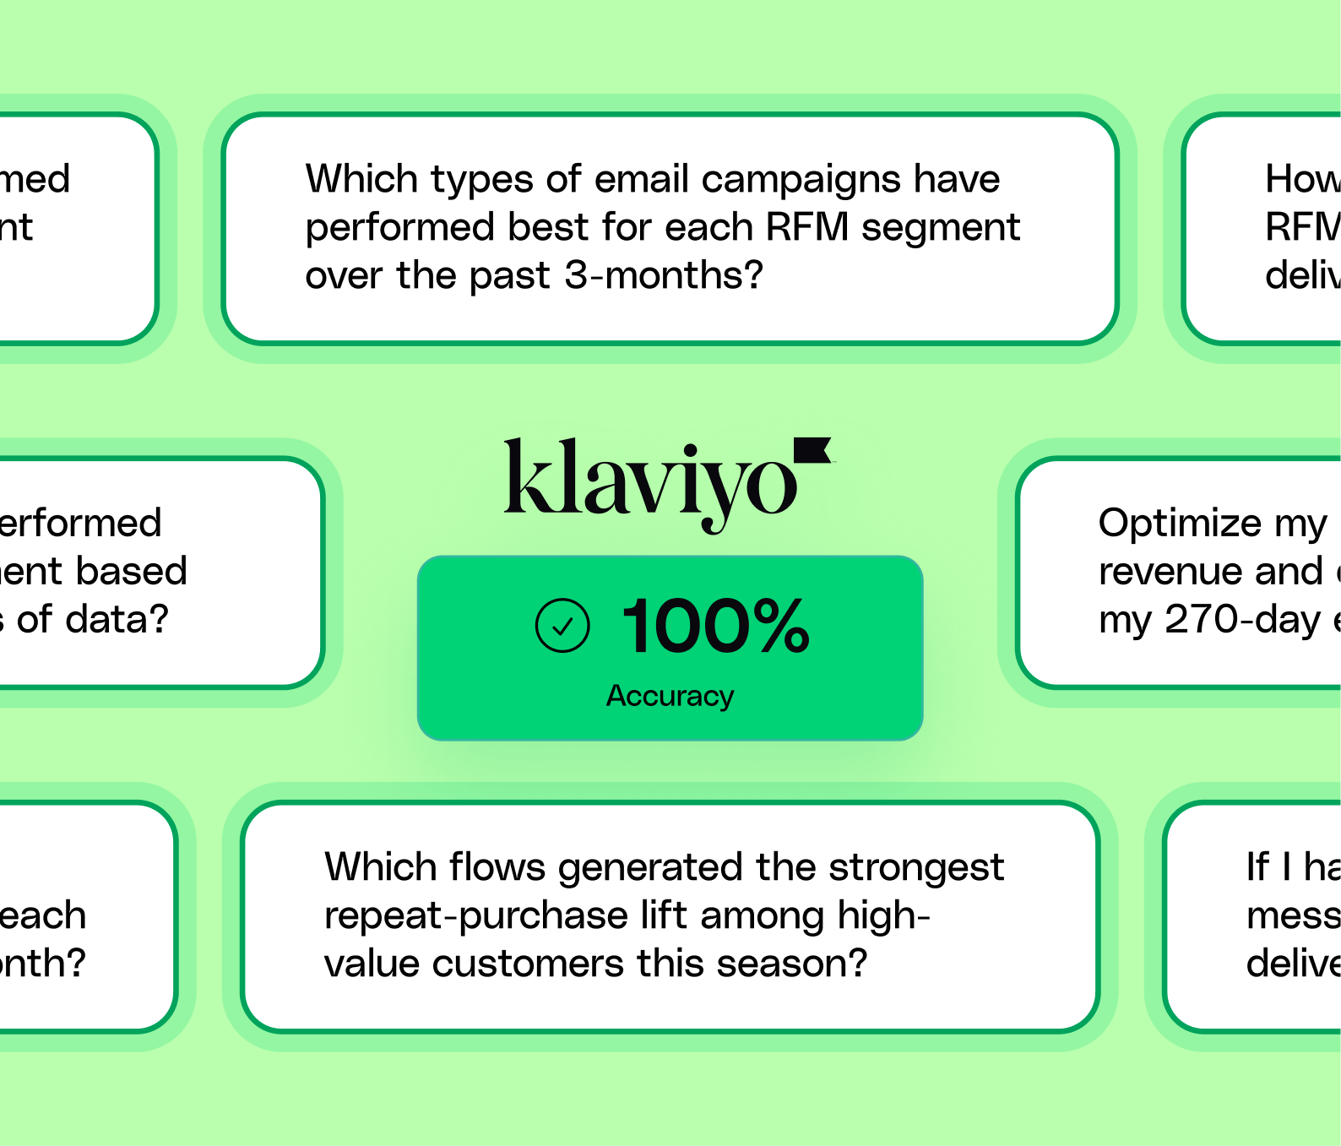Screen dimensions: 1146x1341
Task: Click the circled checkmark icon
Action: pyautogui.click(x=562, y=626)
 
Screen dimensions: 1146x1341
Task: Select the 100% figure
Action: pyautogui.click(x=715, y=626)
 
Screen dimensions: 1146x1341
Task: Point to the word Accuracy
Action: pyautogui.click(x=670, y=696)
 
